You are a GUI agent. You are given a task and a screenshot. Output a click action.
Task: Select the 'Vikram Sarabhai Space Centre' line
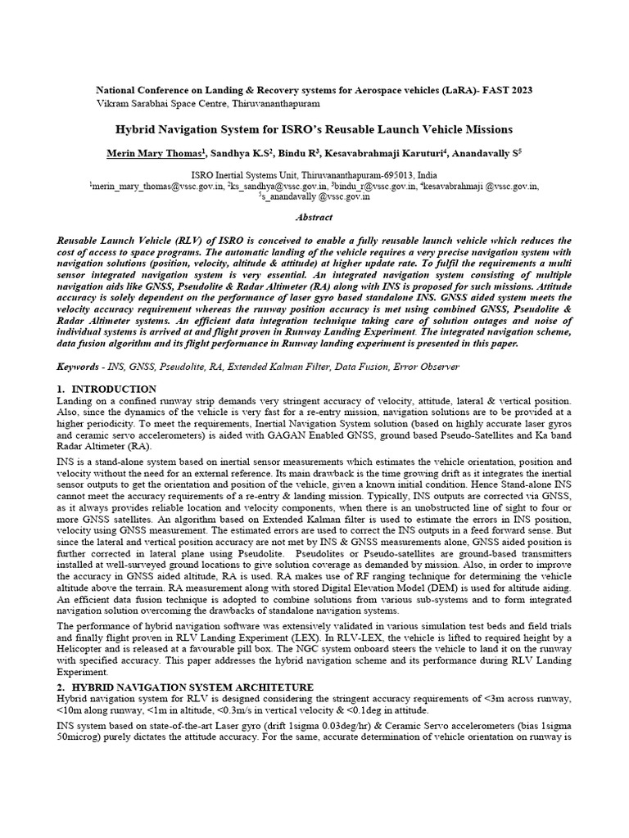[x=208, y=105]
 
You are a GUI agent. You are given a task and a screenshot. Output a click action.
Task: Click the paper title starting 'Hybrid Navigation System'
[x=314, y=129]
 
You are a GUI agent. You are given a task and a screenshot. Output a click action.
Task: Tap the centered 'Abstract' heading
[x=314, y=218]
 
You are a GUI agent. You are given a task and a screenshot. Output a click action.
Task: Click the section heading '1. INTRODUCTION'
[x=106, y=389]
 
